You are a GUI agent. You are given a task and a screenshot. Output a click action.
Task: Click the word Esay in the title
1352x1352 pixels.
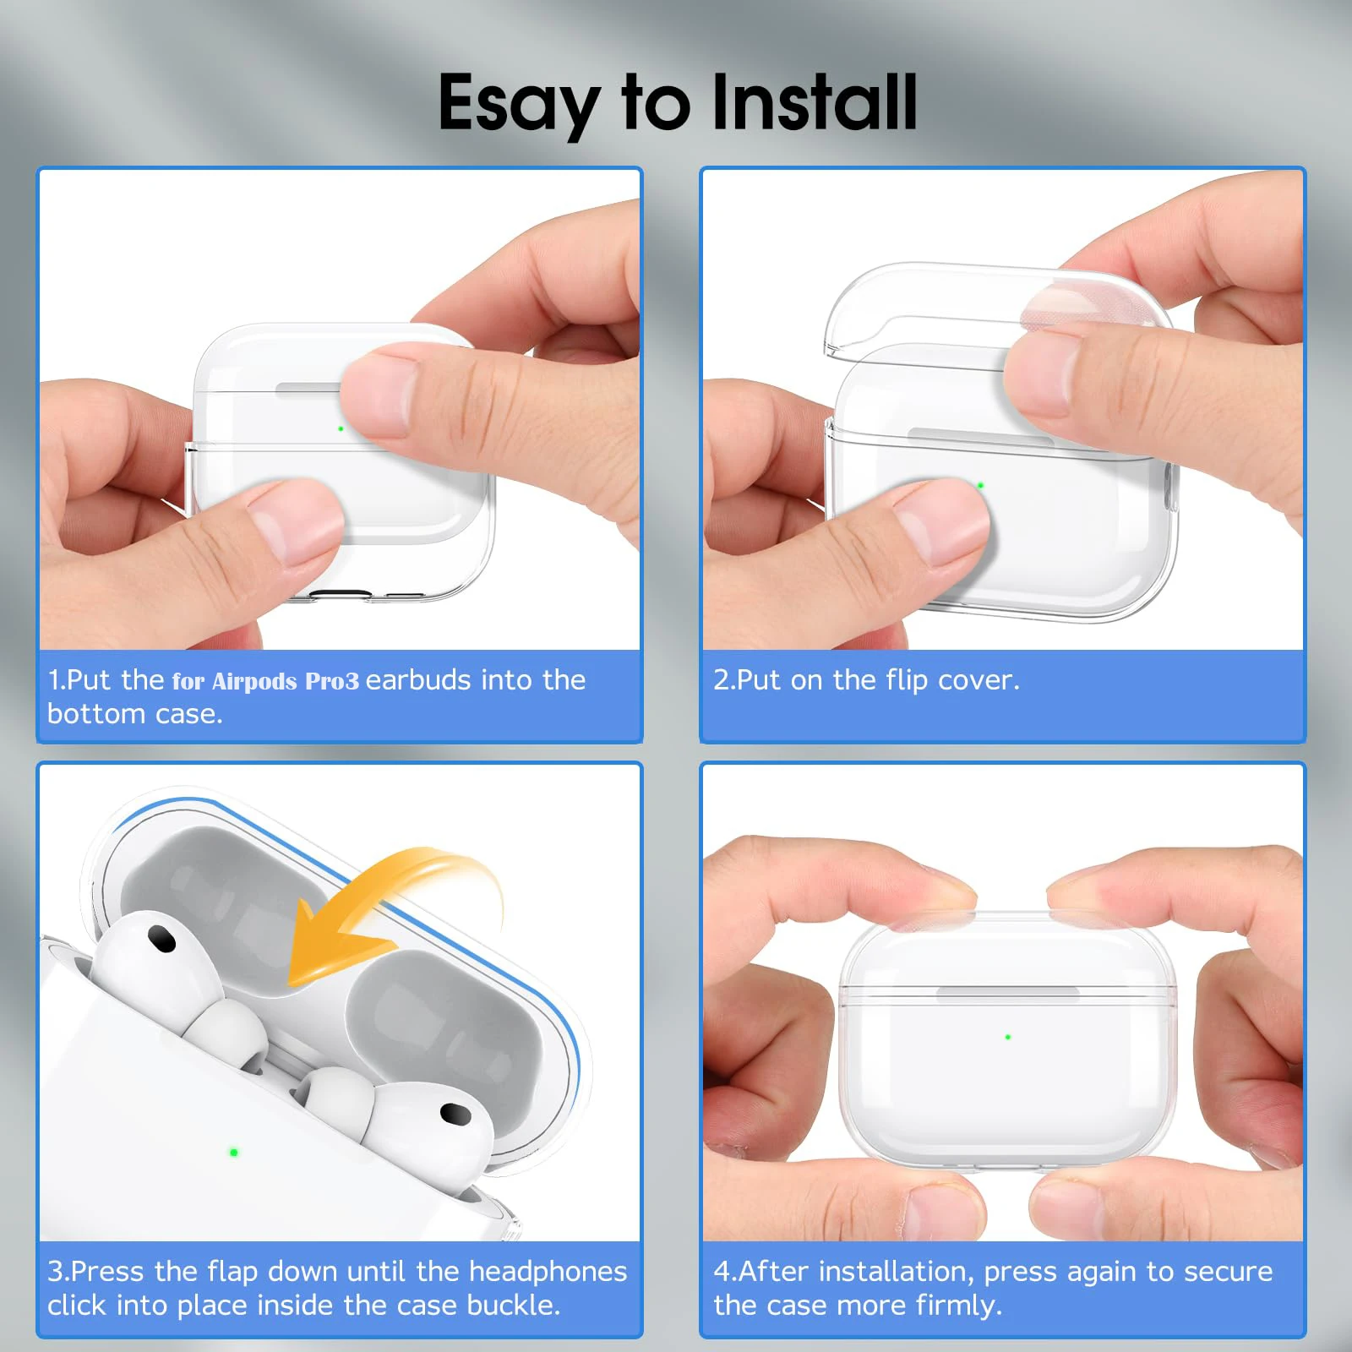(517, 103)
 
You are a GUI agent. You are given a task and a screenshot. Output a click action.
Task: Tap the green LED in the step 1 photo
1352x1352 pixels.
(341, 428)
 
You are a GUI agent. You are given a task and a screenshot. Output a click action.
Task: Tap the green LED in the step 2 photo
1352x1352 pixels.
(980, 485)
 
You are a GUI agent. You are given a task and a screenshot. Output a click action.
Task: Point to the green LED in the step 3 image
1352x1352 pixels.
(234, 1152)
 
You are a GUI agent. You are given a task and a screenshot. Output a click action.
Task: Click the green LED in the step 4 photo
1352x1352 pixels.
(1007, 1036)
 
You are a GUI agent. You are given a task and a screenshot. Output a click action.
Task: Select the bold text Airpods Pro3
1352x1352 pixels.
(285, 681)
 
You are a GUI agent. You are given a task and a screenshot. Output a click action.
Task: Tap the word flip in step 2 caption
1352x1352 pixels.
(906, 680)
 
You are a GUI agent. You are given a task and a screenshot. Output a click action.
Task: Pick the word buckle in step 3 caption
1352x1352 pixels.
(512, 1306)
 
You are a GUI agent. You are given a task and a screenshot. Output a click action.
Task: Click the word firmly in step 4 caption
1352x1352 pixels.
(958, 1306)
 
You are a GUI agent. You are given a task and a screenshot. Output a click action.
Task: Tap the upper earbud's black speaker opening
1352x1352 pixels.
(161, 938)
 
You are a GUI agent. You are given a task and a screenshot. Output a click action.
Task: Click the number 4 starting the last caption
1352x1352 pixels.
(721, 1271)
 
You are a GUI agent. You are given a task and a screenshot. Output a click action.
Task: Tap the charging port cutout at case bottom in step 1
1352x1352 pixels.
(341, 594)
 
